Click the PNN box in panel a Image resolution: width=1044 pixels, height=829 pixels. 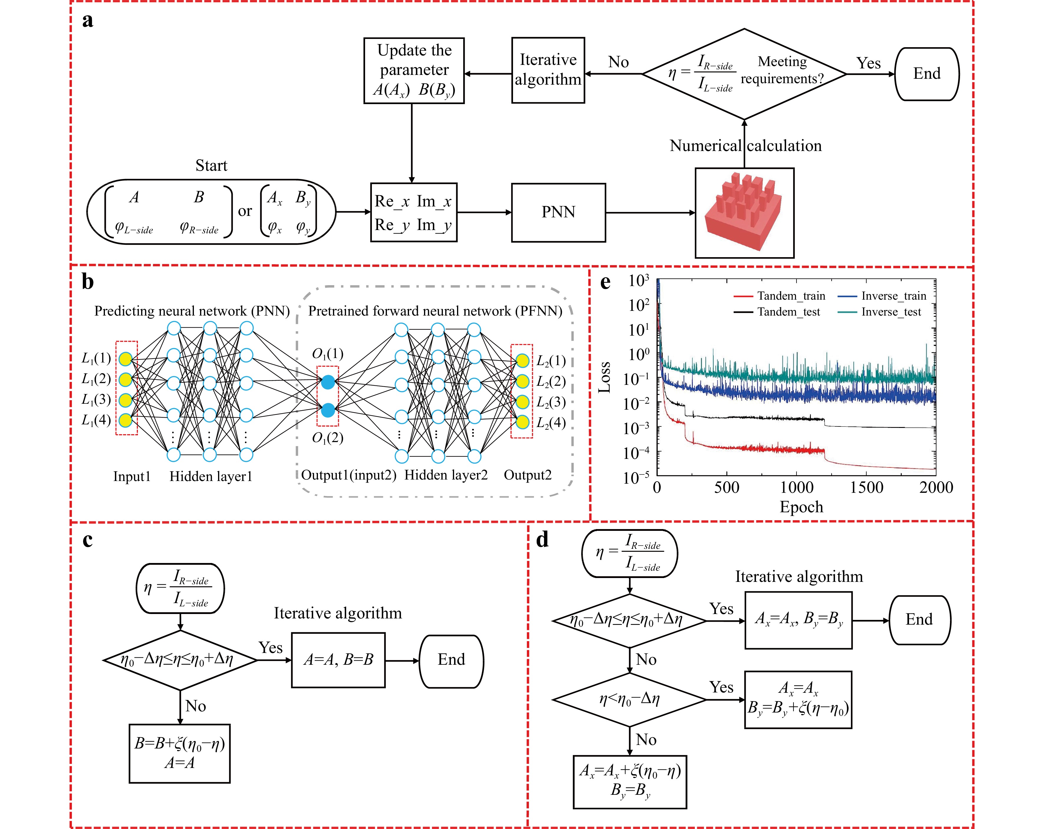click(x=558, y=212)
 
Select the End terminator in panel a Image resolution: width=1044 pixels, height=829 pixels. click(x=926, y=74)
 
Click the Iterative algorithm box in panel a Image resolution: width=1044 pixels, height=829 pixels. click(x=548, y=70)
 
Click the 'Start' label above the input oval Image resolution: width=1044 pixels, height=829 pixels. click(x=211, y=166)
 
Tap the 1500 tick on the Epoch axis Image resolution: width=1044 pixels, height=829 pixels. click(x=866, y=487)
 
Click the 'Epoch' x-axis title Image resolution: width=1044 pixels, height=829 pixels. click(x=801, y=507)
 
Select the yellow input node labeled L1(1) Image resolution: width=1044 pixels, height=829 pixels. click(x=126, y=359)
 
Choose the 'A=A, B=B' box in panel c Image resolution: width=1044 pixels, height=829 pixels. click(x=339, y=660)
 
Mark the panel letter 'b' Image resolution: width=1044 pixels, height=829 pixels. click(x=88, y=282)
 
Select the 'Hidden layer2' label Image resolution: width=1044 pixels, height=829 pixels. click(x=446, y=475)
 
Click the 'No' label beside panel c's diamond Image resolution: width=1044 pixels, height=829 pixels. click(x=196, y=706)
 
